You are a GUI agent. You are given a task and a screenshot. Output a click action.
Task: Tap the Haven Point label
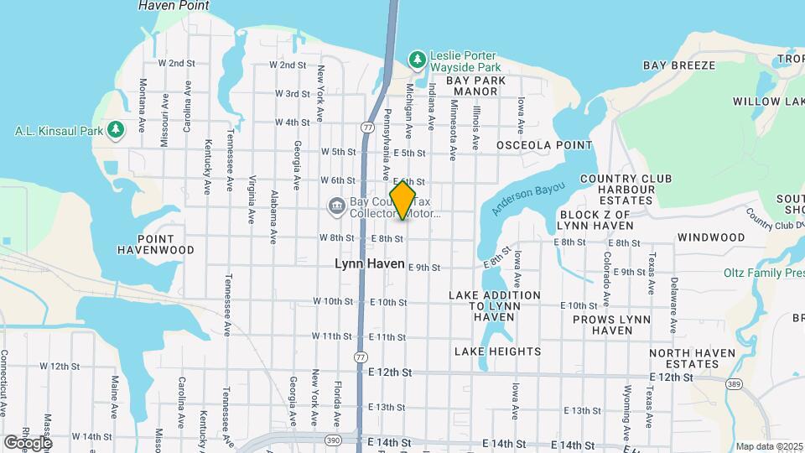tap(174, 6)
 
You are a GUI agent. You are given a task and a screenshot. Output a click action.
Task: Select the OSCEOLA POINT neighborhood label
tap(544, 145)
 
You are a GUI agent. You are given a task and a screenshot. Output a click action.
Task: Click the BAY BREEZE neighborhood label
tap(679, 65)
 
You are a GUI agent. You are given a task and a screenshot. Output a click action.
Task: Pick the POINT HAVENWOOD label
tap(155, 243)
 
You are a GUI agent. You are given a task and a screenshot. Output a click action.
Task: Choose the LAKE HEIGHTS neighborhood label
tap(497, 351)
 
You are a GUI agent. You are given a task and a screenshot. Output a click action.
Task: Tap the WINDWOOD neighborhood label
tap(711, 237)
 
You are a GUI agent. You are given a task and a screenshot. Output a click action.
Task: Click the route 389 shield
tap(734, 383)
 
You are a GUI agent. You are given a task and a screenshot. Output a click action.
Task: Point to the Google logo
tap(28, 442)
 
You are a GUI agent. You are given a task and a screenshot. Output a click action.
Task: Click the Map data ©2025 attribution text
tap(768, 447)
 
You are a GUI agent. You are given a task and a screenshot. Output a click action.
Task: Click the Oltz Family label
tap(763, 273)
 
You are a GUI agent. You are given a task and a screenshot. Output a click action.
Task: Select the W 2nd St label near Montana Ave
tap(176, 63)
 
